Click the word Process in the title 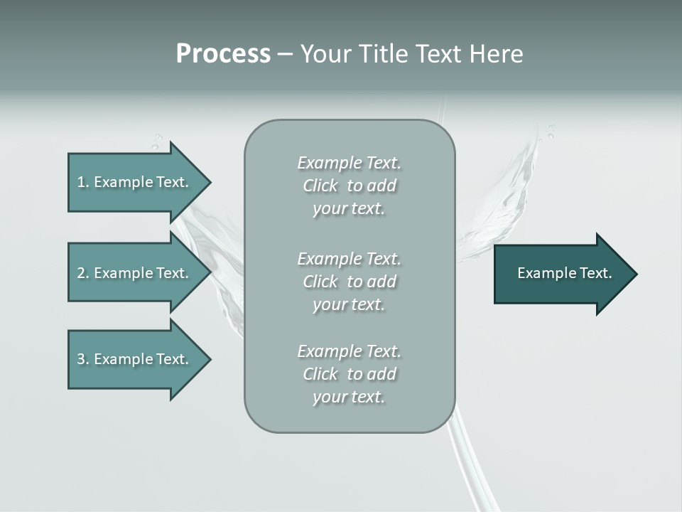(x=223, y=54)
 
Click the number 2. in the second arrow (x=83, y=273)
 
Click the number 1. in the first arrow (x=83, y=182)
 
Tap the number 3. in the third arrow (x=83, y=359)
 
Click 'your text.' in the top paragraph (x=349, y=209)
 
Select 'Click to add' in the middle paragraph (x=350, y=282)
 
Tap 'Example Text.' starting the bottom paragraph (x=350, y=351)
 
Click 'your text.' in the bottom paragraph (x=349, y=398)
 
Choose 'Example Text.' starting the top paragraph (x=350, y=163)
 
